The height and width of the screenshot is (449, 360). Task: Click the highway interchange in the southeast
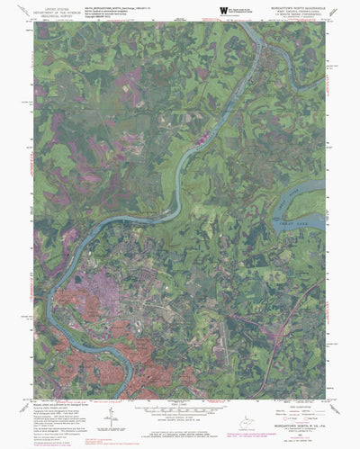[243, 320]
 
